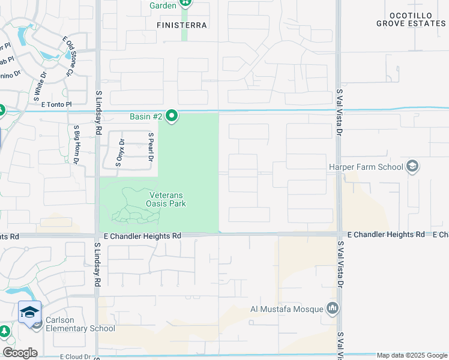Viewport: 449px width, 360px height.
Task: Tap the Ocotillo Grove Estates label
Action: [411, 19]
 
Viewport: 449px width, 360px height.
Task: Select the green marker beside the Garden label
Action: [185, 5]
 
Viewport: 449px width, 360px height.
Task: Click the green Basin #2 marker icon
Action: [172, 116]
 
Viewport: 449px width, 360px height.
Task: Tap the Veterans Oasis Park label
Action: [166, 199]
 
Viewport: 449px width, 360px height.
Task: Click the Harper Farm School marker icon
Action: [412, 166]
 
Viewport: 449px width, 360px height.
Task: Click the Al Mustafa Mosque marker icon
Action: [333, 310]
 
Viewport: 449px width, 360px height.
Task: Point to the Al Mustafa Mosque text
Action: [287, 310]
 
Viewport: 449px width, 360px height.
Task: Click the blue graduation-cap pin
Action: [29, 312]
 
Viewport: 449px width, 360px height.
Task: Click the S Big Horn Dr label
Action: [76, 145]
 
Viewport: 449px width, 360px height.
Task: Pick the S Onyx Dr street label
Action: [120, 152]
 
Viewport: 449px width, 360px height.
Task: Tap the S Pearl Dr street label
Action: [151, 147]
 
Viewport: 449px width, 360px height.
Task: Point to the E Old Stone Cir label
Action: [68, 56]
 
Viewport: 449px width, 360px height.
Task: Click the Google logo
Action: [20, 353]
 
